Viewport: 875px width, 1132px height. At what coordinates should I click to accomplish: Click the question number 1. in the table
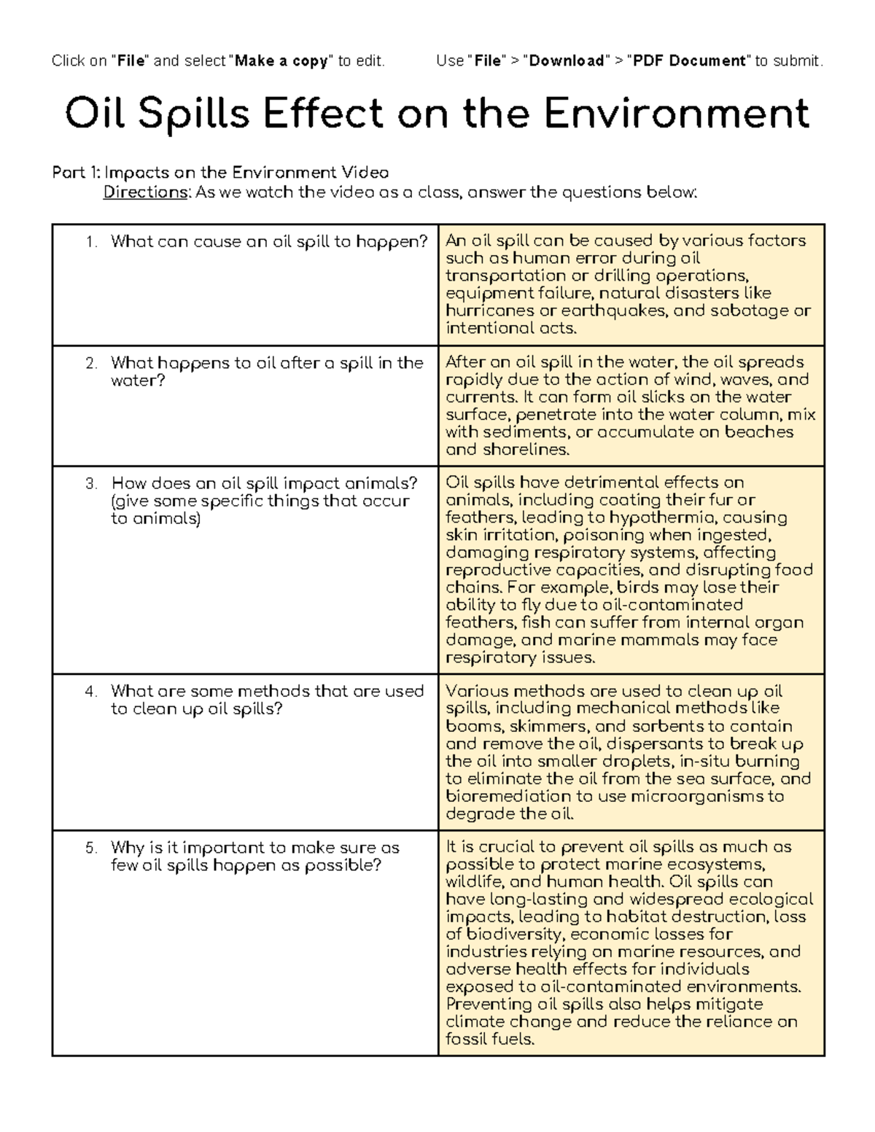(91, 242)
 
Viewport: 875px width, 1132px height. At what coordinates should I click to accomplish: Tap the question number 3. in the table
(91, 483)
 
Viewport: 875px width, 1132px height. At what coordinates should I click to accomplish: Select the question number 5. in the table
(91, 848)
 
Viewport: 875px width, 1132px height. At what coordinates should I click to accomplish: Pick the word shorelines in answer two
(525, 450)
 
